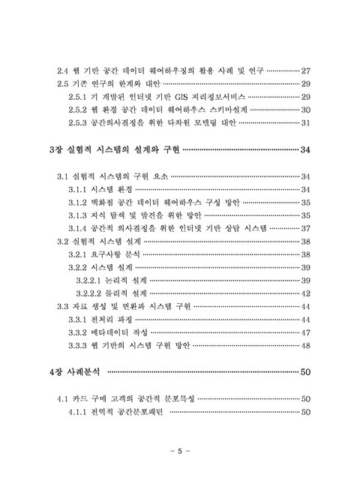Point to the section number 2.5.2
pyautogui.click(x=78, y=110)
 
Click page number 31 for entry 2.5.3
pyautogui.click(x=305, y=123)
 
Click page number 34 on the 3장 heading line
pyautogui.click(x=304, y=150)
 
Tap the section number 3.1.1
pyautogui.click(x=78, y=189)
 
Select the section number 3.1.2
pyautogui.click(x=78, y=202)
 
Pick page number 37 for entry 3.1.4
pyautogui.click(x=305, y=228)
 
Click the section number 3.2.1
pyautogui.click(x=78, y=254)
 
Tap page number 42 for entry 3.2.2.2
pyautogui.click(x=305, y=293)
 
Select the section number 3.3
pyautogui.click(x=64, y=306)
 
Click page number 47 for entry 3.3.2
pyautogui.click(x=305, y=332)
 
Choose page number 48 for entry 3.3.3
pyautogui.click(x=305, y=345)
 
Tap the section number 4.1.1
pyautogui.click(x=78, y=411)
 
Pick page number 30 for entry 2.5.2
pyautogui.click(x=305, y=110)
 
